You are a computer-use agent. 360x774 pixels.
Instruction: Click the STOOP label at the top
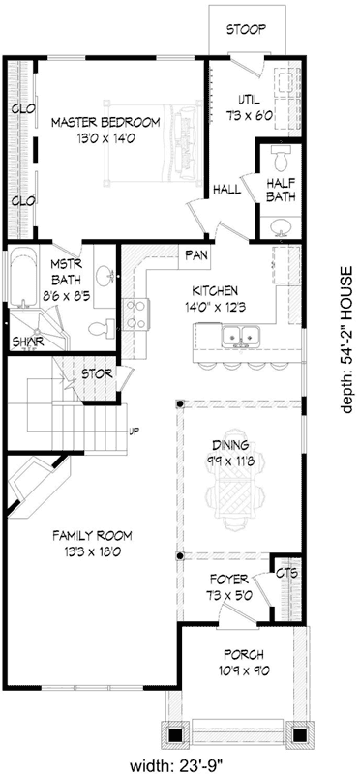click(x=247, y=29)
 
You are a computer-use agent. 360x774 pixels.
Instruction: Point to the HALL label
click(x=226, y=191)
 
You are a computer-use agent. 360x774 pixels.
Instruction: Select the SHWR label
click(x=22, y=342)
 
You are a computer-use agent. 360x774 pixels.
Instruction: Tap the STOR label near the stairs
click(x=94, y=372)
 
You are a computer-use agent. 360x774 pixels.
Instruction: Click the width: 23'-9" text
click(x=180, y=763)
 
